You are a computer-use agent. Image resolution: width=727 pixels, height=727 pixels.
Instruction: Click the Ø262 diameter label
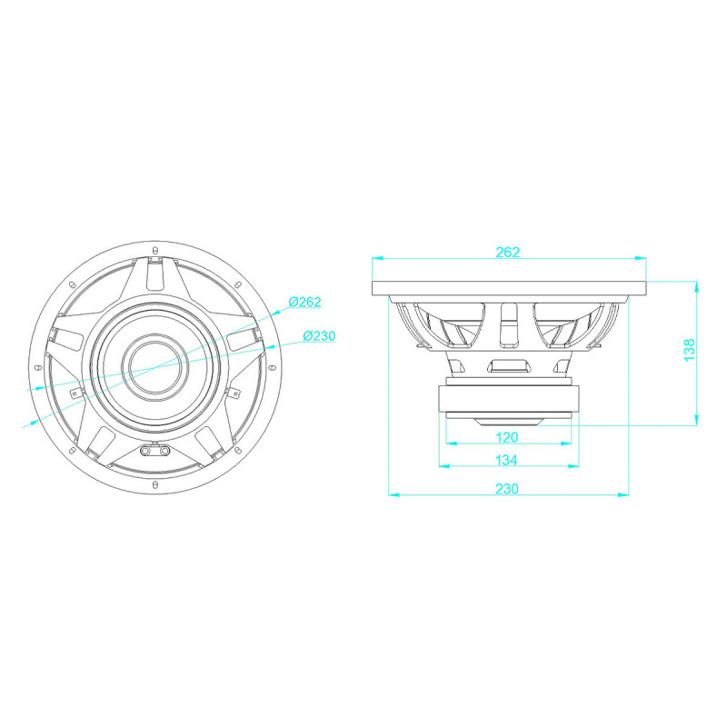[x=304, y=302]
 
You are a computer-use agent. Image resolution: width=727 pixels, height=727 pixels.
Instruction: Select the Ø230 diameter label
[x=319, y=335]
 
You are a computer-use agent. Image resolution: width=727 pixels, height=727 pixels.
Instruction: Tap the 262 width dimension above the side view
[x=508, y=253]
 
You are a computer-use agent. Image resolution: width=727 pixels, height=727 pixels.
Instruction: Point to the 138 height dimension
[x=690, y=350]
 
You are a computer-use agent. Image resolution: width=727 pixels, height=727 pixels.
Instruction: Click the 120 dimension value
[x=507, y=437]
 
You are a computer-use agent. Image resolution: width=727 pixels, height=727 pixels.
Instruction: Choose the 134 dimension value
[x=506, y=460]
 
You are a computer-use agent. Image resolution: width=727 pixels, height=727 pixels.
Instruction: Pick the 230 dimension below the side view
[x=507, y=489]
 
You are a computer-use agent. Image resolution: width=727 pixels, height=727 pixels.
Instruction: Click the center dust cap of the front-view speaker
[x=154, y=367]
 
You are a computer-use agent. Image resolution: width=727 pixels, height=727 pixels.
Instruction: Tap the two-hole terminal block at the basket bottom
[x=154, y=451]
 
